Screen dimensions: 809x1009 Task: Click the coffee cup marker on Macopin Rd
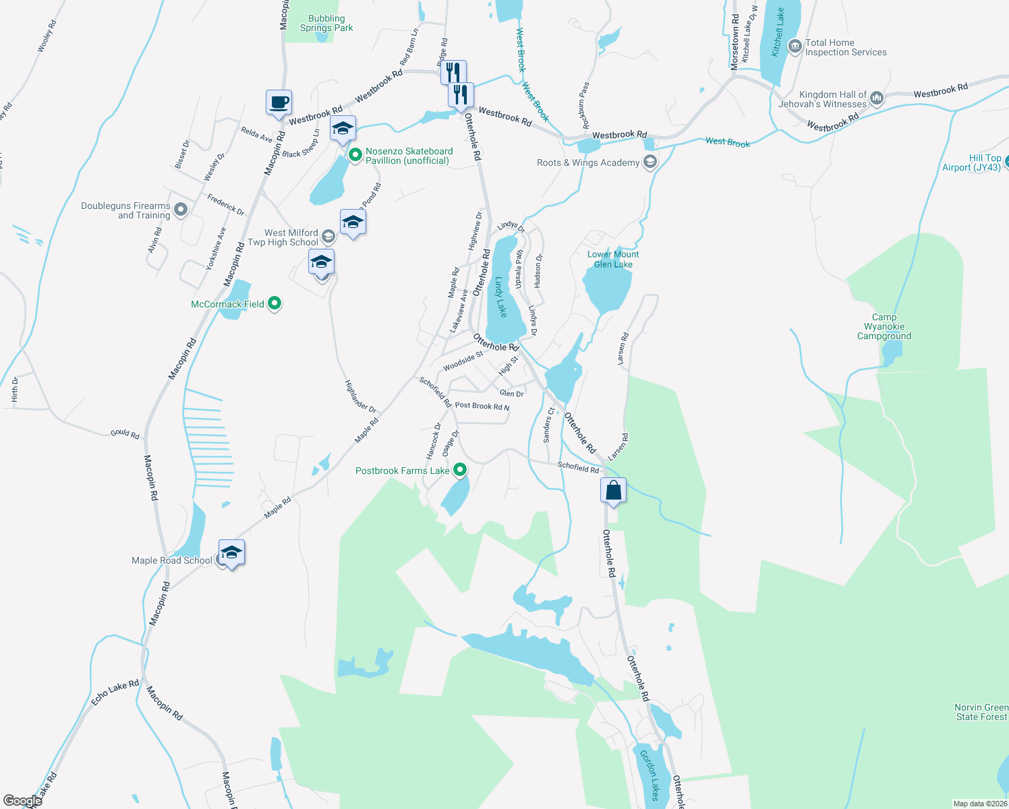(x=279, y=103)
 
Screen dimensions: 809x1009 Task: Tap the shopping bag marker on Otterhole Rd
(x=613, y=490)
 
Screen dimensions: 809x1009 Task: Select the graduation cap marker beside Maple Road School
(x=231, y=553)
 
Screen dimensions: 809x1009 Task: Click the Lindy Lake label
(x=500, y=297)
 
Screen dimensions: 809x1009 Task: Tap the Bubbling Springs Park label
(x=326, y=24)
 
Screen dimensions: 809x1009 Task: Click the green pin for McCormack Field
(x=274, y=304)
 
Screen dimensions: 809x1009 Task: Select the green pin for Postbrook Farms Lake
(x=460, y=470)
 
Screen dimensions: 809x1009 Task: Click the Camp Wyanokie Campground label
(x=884, y=326)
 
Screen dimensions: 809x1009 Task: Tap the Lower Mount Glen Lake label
(x=613, y=259)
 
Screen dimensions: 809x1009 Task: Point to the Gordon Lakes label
(x=650, y=775)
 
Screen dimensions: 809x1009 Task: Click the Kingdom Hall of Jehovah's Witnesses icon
(x=877, y=98)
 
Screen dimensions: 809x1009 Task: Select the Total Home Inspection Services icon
(x=795, y=47)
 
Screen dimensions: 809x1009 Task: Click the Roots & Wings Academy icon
(x=650, y=162)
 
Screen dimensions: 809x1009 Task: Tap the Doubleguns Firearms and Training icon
(x=180, y=210)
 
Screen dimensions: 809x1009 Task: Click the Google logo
(x=23, y=800)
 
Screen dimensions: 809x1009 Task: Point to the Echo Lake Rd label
(x=115, y=693)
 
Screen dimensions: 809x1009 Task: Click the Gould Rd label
(x=125, y=433)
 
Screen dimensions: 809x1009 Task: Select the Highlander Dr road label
(x=360, y=396)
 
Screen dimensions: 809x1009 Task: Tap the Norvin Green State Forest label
(x=981, y=712)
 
